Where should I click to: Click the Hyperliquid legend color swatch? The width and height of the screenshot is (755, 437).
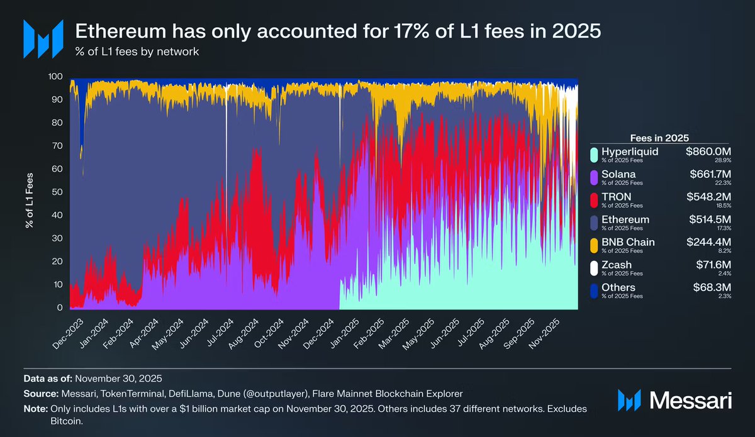coord(593,155)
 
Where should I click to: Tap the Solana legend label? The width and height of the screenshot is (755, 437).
coord(618,174)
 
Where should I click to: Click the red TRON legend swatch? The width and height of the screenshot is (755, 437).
coord(593,200)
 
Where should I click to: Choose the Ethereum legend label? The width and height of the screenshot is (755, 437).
coord(625,219)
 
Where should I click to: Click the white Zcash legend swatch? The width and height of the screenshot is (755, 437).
coord(593,268)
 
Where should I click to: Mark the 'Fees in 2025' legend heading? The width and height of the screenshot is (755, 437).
coord(659,137)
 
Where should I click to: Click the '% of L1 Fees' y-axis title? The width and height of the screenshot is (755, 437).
coord(30,192)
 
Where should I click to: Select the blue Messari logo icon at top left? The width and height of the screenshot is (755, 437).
coord(43,38)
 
